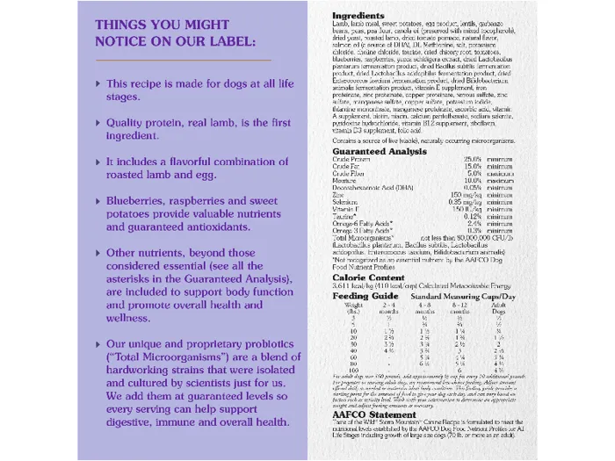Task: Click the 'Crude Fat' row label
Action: coord(347,167)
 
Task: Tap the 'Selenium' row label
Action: coord(348,202)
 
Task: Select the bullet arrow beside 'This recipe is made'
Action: coord(98,84)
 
